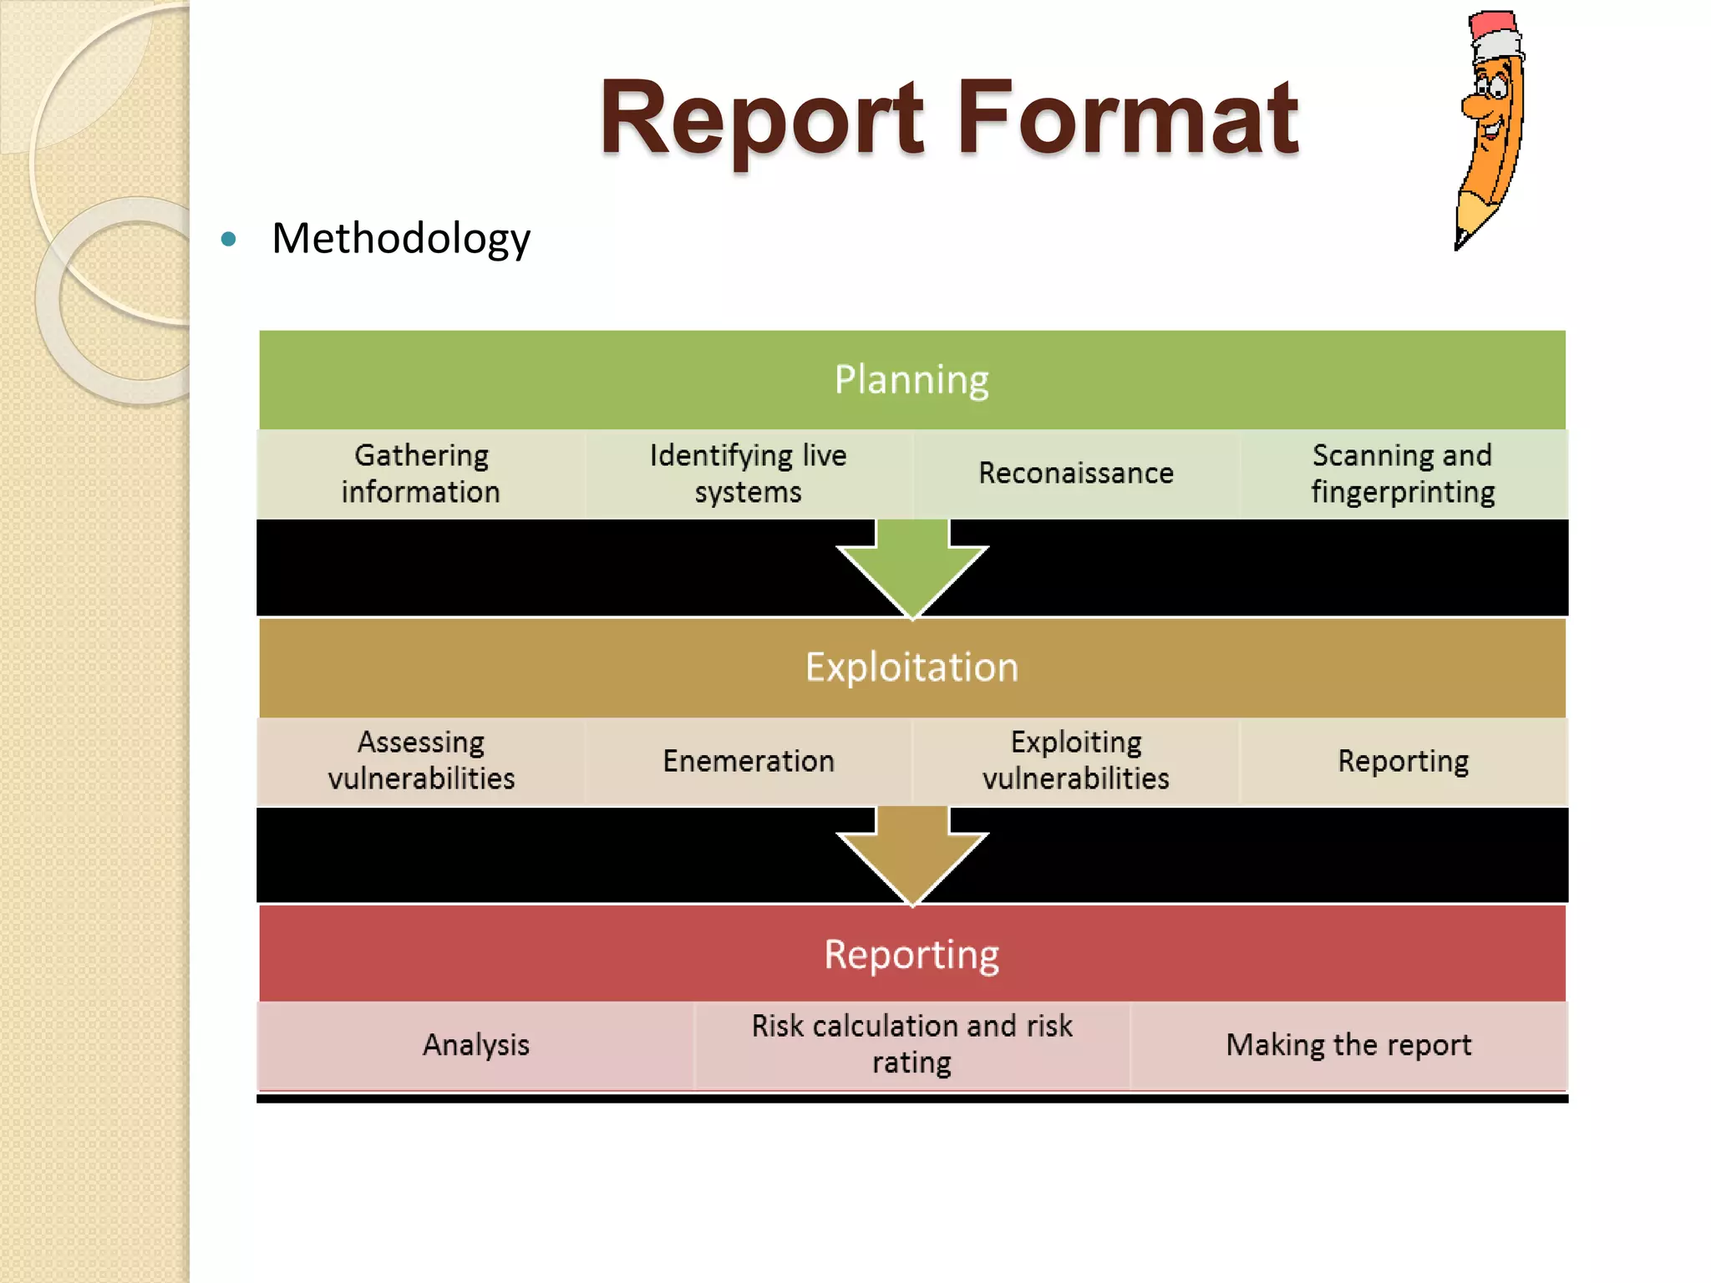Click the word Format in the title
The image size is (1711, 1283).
1128,119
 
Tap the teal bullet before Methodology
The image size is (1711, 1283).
228,240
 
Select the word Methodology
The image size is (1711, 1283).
401,239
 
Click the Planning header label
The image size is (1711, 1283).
911,380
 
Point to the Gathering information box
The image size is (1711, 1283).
421,474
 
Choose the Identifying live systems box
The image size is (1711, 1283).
749,474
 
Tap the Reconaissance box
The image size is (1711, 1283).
1076,474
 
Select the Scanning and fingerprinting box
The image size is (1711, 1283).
1403,474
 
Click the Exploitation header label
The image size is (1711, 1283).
911,667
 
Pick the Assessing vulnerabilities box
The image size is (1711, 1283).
421,761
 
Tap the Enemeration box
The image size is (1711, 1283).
749,761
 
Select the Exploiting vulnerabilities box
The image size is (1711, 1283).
1076,761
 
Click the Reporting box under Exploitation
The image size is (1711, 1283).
1403,761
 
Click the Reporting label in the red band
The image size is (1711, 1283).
911,955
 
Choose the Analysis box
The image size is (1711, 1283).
476,1045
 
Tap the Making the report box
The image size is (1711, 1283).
1348,1045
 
